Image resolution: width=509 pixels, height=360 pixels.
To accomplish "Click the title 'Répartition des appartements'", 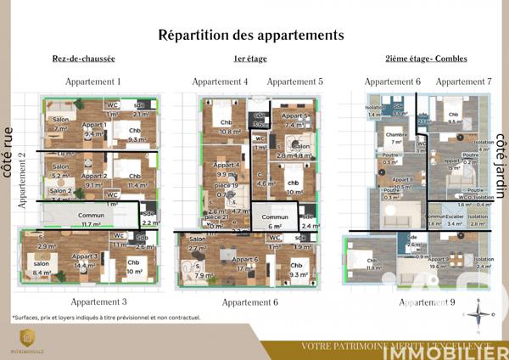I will point(250,36).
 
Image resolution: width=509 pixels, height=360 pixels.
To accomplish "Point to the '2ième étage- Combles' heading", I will point(422,59).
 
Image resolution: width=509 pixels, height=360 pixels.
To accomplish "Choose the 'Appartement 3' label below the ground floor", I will point(99,301).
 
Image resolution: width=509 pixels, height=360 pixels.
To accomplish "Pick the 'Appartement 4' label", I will point(220,82).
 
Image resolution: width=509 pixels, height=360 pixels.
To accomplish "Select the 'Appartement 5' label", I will point(294,82).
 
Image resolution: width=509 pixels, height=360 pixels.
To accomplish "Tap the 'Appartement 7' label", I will point(464,82).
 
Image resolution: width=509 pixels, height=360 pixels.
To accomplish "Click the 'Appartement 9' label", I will point(427,301).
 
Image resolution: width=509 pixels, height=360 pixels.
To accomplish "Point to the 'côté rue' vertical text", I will point(8,153).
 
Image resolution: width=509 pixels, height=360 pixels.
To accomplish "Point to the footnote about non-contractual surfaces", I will point(106,318).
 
